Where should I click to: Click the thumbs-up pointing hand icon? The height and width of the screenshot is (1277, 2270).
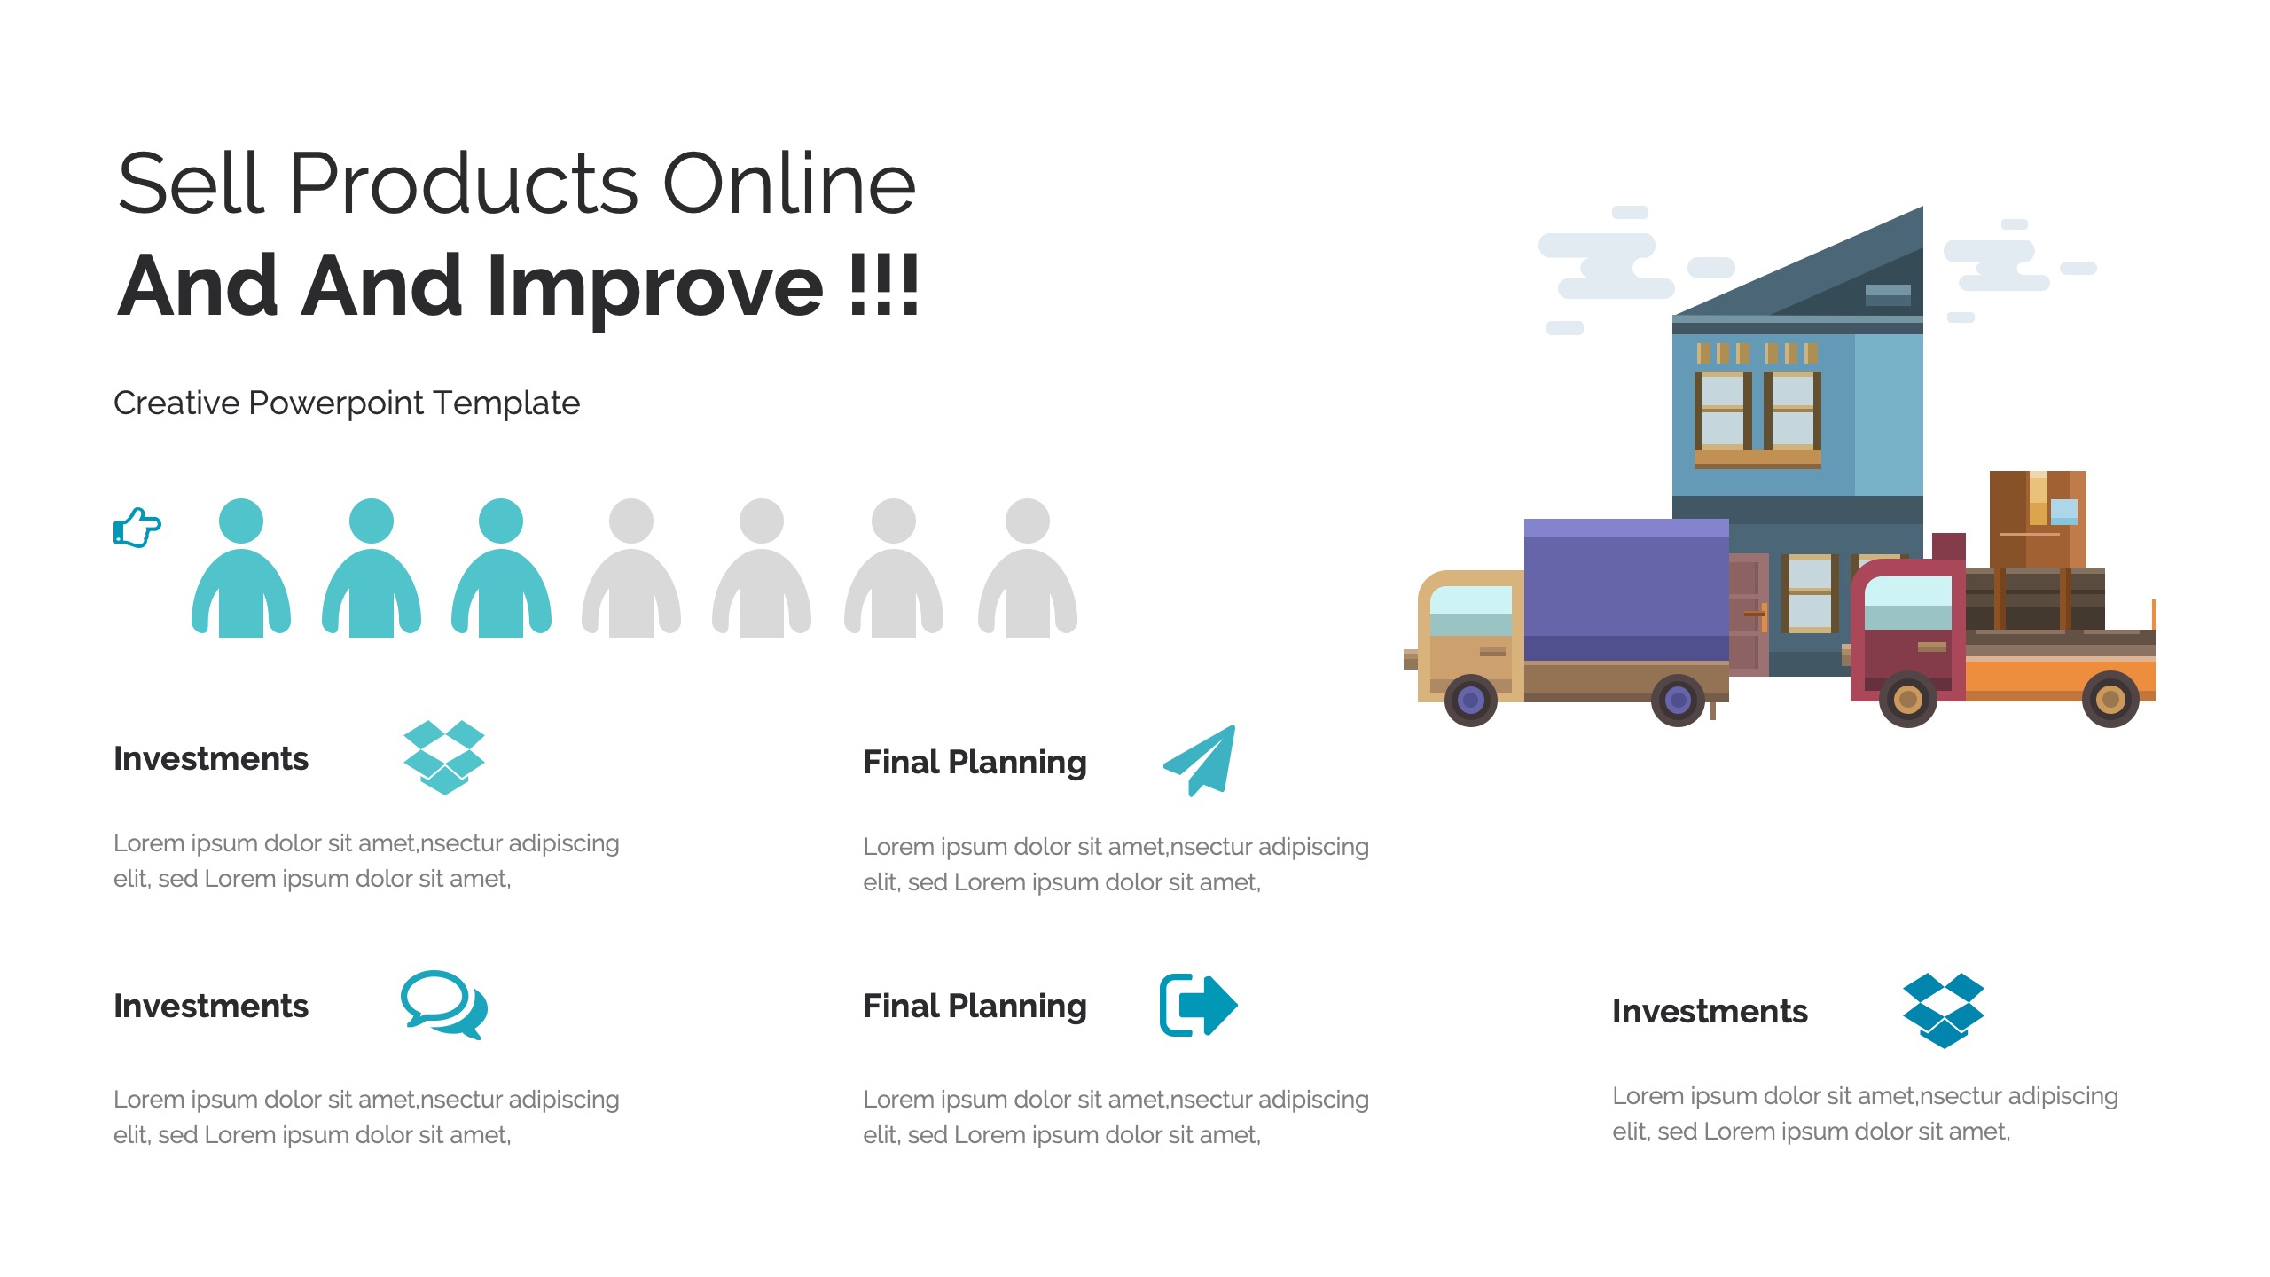(137, 528)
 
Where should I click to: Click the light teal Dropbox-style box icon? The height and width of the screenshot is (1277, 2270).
(444, 757)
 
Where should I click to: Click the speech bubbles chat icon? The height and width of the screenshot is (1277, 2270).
(444, 1005)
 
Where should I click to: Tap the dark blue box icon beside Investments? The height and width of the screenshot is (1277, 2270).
(1944, 1011)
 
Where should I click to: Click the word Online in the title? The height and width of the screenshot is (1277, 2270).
(789, 184)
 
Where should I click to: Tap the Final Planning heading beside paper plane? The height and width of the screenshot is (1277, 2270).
(975, 763)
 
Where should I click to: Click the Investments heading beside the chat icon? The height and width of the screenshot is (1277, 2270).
(211, 1007)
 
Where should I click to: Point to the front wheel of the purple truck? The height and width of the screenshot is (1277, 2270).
(1471, 701)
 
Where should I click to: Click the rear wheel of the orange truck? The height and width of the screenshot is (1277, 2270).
(2110, 700)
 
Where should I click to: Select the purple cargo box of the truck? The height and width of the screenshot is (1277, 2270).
(1626, 590)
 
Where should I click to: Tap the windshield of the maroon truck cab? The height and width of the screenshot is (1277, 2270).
(1908, 603)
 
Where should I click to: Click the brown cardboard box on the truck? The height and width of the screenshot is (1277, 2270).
(2038, 519)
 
